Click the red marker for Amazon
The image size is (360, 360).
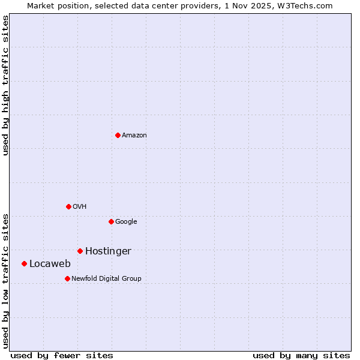[x=118, y=135]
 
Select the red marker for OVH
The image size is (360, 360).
[x=68, y=206]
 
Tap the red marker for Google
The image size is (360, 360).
[x=111, y=221]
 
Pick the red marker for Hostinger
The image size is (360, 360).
[x=80, y=251]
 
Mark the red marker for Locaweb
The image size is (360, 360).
[x=24, y=263]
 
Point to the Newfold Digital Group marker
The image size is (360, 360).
[x=67, y=278]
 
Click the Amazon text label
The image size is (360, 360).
[x=134, y=136]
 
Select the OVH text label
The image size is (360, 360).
[x=80, y=207]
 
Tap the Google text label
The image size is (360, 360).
[x=126, y=222]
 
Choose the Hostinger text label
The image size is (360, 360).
[x=108, y=251]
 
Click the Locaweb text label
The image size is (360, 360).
[x=50, y=264]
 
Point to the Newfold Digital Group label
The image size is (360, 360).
[x=106, y=279]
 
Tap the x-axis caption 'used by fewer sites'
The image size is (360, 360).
[x=62, y=356]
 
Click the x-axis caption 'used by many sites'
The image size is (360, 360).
[x=301, y=356]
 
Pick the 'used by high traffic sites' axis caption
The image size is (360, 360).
[x=6, y=86]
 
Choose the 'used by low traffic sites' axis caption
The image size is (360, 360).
[x=6, y=280]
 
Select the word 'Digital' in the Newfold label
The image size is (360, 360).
[x=110, y=279]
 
